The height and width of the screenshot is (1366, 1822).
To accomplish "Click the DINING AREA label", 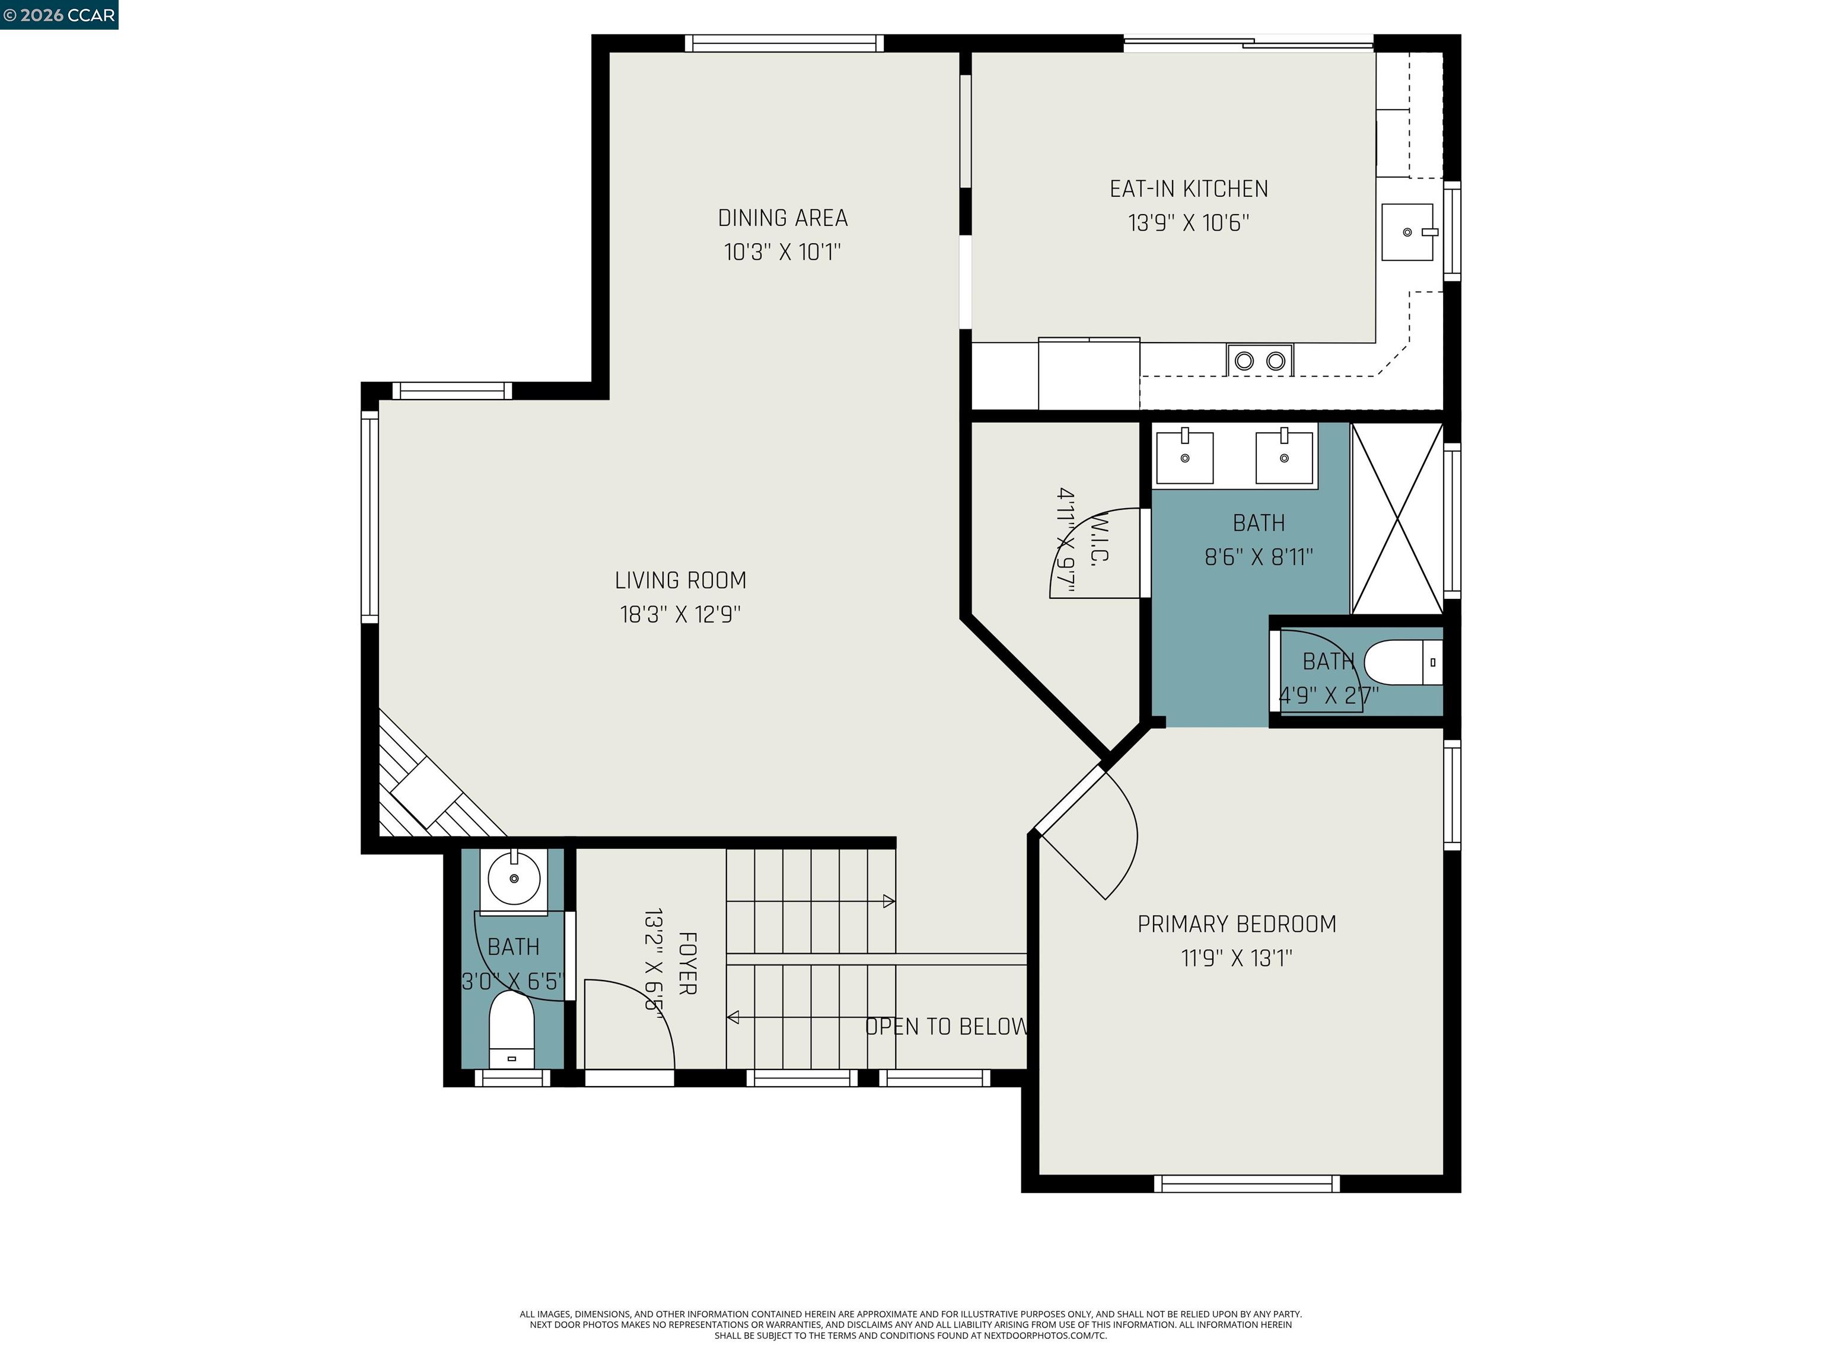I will (x=782, y=218).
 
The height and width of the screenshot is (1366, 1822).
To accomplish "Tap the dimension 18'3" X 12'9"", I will (x=680, y=615).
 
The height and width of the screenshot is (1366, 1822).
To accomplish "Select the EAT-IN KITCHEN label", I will (x=1188, y=189).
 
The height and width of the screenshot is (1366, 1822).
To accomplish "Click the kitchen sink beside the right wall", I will (x=1407, y=232).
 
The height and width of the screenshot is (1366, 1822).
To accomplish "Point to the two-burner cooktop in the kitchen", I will (x=1259, y=360).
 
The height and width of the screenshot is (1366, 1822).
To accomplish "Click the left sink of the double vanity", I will (x=1184, y=458).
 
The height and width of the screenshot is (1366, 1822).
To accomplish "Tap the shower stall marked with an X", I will (x=1396, y=519).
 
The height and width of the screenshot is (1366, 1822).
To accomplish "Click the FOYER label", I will (x=687, y=963).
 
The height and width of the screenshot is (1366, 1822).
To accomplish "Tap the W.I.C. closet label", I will (x=1099, y=541).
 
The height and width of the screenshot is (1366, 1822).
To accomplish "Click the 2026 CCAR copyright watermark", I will (x=59, y=15).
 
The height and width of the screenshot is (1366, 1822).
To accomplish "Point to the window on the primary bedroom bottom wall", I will (x=1246, y=1184).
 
